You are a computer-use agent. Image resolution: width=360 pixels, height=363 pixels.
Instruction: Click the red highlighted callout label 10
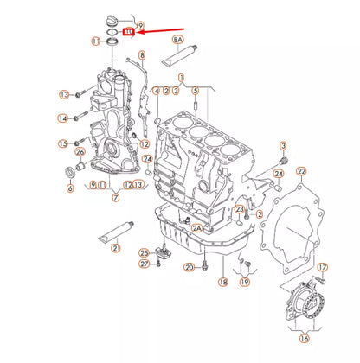128,32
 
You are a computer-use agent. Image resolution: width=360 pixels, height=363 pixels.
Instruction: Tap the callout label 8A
178,39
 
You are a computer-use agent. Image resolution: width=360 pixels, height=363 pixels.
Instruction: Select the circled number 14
64,118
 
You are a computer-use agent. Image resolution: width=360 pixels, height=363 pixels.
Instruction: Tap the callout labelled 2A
196,227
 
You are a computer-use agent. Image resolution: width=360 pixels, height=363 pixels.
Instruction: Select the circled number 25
144,252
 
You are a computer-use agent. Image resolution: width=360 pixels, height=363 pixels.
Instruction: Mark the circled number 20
190,268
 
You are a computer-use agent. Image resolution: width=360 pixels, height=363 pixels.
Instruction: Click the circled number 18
222,282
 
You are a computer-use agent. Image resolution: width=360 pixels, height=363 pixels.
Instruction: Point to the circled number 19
244,282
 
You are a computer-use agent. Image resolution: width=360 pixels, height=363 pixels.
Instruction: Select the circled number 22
301,172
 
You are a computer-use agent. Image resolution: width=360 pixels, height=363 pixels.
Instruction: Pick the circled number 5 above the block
196,89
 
